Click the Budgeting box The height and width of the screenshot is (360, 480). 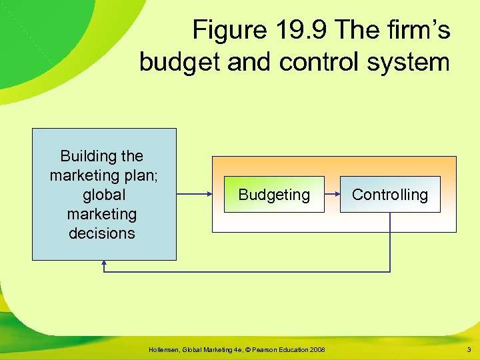[x=274, y=195]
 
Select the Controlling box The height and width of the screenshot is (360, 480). [x=390, y=195]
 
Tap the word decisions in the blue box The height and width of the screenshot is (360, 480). [x=101, y=233]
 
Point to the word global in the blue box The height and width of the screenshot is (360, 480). [x=103, y=195]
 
